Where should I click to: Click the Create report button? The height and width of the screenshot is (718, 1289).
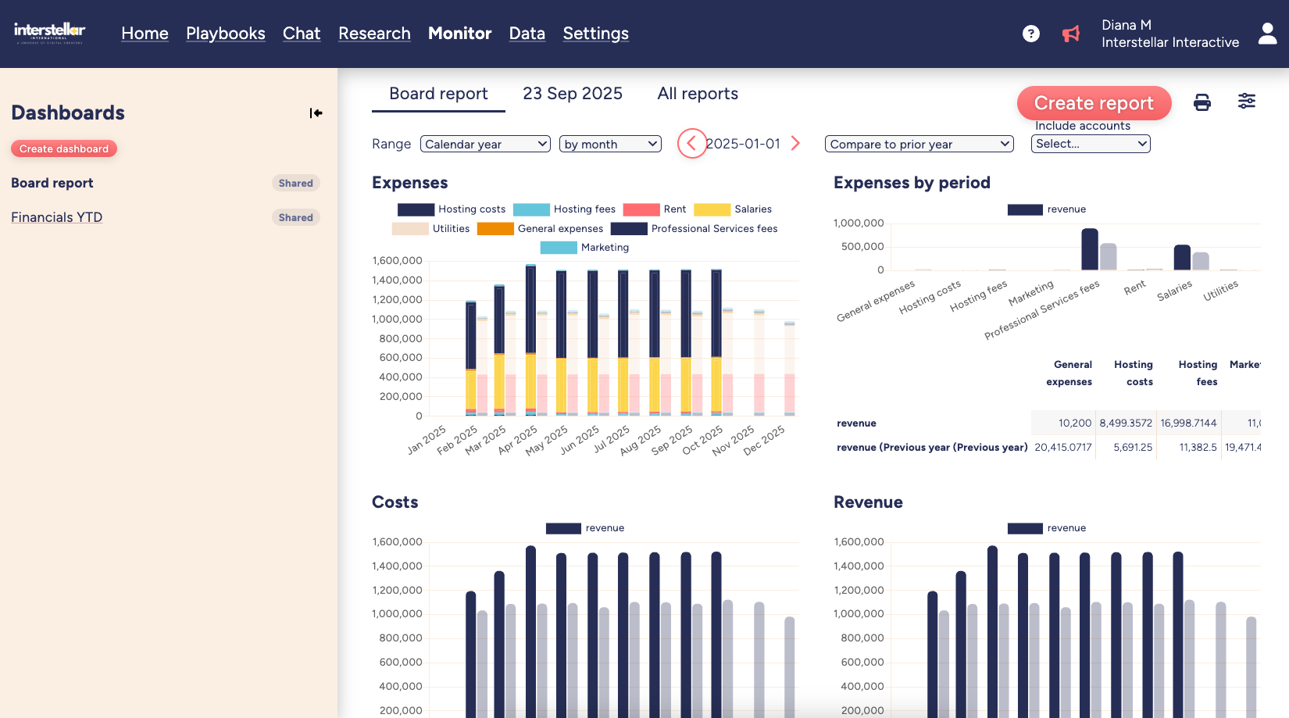point(1094,103)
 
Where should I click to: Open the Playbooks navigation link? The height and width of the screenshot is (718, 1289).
point(225,34)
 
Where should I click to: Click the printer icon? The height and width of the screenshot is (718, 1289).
point(1202,102)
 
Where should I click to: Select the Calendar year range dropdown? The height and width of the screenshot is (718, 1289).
point(485,144)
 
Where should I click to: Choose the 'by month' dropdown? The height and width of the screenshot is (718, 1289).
point(610,144)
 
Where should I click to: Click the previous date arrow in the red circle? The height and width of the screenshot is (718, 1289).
point(691,143)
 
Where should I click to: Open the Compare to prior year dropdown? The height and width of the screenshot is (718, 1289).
point(919,144)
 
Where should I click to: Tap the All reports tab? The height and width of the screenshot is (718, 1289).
point(698,94)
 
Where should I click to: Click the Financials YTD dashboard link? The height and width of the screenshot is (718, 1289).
point(56,217)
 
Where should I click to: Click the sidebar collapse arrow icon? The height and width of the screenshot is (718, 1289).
point(316,113)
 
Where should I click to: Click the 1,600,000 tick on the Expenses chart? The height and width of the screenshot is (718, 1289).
point(397,261)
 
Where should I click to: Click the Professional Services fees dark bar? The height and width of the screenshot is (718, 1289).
point(1089,249)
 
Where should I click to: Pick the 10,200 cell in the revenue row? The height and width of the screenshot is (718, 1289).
point(1074,423)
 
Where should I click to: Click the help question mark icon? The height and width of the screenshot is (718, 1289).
point(1030,34)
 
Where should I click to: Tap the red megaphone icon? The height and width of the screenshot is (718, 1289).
point(1070,34)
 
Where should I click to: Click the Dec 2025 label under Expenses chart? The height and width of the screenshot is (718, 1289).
point(764,441)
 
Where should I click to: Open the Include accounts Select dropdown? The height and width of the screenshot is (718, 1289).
point(1090,144)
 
